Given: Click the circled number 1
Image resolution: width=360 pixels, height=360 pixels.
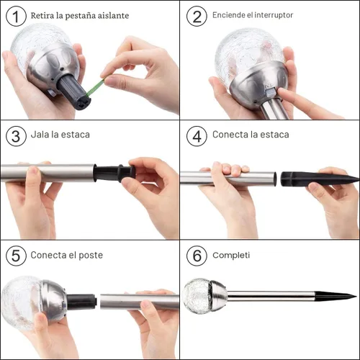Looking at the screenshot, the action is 16,16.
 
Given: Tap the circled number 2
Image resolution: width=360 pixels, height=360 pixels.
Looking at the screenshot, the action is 197,16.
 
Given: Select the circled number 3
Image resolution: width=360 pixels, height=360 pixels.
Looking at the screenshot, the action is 16,136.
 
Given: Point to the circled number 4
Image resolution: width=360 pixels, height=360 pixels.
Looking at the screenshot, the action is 197,136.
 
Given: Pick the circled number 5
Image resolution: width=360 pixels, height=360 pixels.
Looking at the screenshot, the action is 16,256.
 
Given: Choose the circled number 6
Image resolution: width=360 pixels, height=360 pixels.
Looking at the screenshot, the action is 197,256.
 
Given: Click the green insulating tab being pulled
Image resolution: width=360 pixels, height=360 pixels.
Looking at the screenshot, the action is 95,87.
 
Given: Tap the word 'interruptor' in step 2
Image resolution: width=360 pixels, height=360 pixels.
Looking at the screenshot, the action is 274,15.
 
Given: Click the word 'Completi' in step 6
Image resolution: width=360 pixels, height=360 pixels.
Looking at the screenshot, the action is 231,256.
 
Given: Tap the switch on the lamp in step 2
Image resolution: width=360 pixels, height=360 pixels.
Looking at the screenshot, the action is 271,91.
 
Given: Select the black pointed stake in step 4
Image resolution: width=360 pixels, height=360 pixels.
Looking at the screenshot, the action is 319,179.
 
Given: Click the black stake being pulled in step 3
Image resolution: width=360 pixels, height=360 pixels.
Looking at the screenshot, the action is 114,173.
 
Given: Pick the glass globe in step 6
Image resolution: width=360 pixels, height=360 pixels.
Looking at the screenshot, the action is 197,295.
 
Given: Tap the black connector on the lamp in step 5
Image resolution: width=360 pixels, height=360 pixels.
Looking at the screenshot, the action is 81,302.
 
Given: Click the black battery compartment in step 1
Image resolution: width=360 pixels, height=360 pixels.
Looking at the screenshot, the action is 73,92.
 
